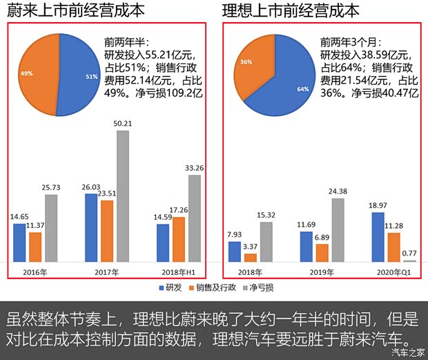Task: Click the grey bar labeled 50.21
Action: pos(122,196)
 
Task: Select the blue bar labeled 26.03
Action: pos(91,227)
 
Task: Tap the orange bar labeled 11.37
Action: pos(35,247)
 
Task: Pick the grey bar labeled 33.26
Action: pos(194,218)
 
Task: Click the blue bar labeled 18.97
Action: pos(378,237)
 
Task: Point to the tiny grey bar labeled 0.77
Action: pos(409,260)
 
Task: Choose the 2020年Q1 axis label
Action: pos(393,273)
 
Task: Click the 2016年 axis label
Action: pos(35,273)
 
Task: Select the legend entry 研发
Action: pos(172,287)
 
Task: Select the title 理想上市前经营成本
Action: pos(291,11)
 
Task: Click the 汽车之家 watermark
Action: pos(407,352)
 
